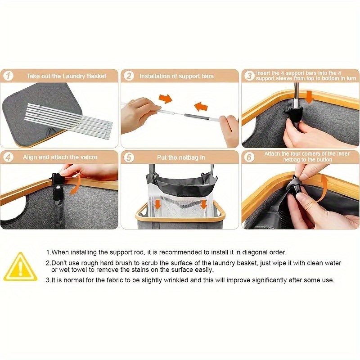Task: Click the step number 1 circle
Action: (x=8, y=76)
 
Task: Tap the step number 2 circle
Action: (x=129, y=76)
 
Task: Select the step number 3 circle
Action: (x=249, y=76)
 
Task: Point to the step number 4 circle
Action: (x=8, y=157)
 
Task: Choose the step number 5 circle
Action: (x=129, y=157)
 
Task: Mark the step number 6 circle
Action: (x=249, y=157)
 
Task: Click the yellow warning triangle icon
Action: (x=20, y=267)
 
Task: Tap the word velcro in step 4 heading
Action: (x=89, y=157)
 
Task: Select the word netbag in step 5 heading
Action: (x=188, y=157)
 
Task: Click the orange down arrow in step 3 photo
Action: (x=310, y=97)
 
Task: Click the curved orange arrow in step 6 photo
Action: (x=323, y=188)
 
